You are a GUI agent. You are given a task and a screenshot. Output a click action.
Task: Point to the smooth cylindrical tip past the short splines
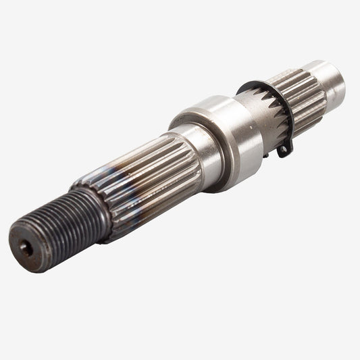[329, 84]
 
